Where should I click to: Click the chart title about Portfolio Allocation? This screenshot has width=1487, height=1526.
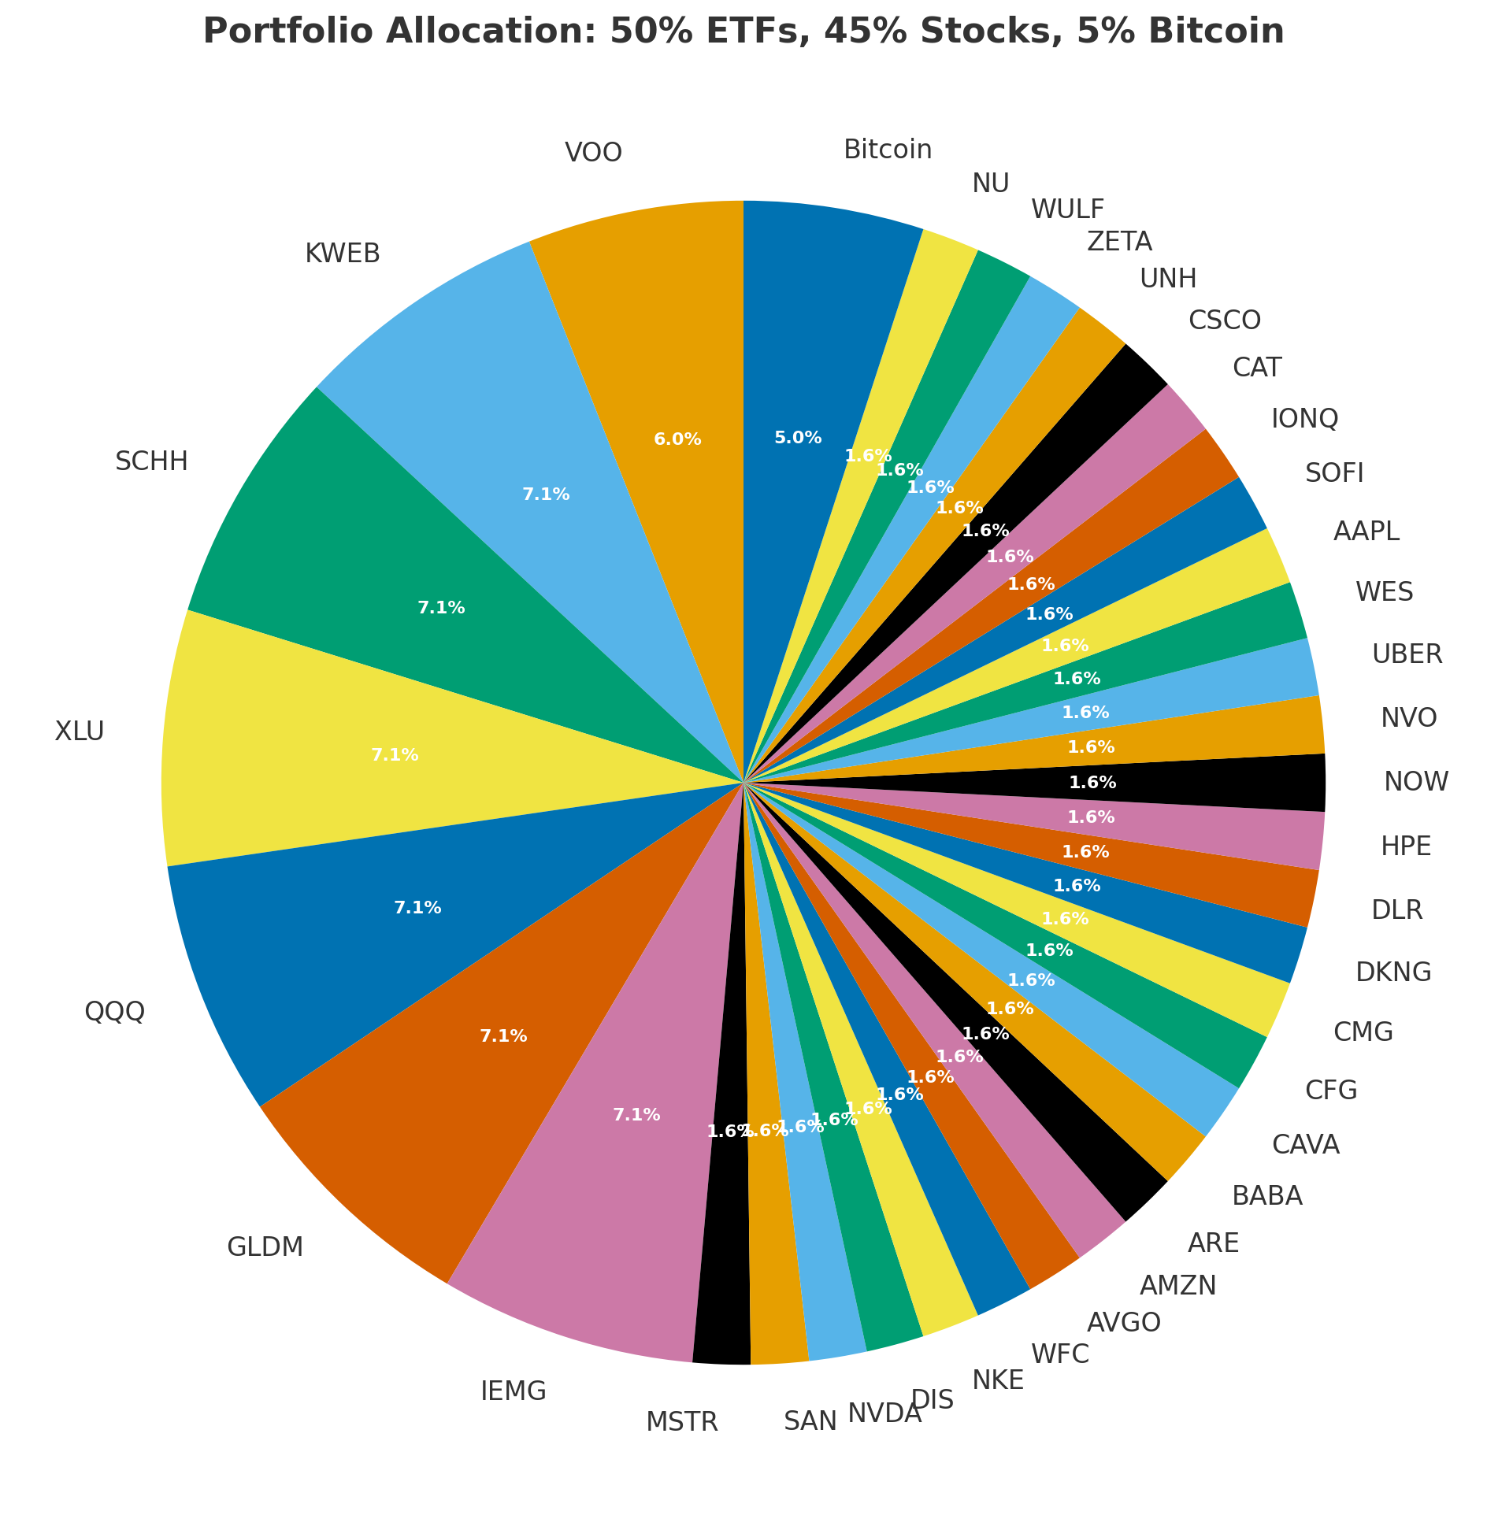point(743,31)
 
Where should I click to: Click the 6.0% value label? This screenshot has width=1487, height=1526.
point(677,439)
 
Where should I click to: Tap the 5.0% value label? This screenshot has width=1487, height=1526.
point(798,438)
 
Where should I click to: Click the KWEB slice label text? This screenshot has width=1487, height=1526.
point(343,254)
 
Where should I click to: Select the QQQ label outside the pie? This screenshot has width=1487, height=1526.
point(115,1011)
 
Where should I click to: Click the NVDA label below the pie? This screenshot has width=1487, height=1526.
point(884,1414)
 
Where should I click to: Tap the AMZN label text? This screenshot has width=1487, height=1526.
point(1177,1286)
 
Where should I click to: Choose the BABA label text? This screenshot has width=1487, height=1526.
point(1267,1196)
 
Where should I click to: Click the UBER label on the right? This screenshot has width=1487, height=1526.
point(1407,654)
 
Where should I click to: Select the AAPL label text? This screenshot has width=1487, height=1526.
point(1366,532)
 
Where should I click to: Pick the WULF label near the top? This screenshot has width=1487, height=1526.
point(1067,209)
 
